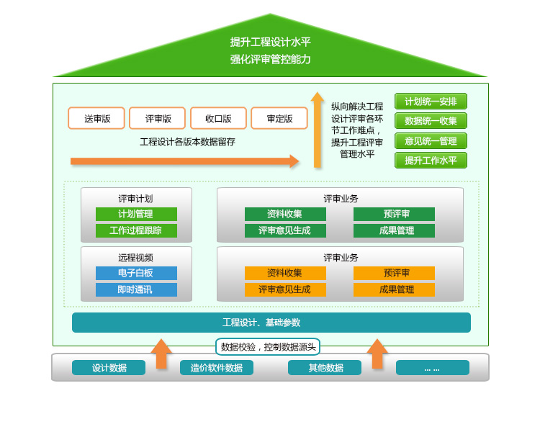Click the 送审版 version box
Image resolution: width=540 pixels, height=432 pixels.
click(x=96, y=118)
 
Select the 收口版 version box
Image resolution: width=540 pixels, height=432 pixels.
click(x=218, y=118)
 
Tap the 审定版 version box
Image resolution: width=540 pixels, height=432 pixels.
click(x=279, y=118)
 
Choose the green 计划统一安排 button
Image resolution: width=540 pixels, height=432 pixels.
click(x=431, y=102)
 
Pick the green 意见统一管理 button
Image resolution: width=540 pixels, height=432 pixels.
click(x=431, y=141)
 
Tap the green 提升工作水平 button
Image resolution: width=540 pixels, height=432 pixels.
click(x=431, y=161)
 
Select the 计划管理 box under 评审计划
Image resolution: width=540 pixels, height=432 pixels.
click(x=136, y=214)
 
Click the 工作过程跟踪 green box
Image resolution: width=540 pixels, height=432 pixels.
click(x=136, y=231)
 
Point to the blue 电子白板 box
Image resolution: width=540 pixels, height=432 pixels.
click(x=136, y=273)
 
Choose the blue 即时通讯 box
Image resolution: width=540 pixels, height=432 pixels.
click(x=136, y=289)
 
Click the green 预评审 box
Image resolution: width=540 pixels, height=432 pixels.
click(x=394, y=214)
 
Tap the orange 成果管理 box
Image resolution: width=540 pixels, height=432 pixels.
click(x=394, y=289)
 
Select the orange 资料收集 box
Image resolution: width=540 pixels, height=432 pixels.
click(x=285, y=273)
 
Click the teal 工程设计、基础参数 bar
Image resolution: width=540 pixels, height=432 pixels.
click(x=271, y=323)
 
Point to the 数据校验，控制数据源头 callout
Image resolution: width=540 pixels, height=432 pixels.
click(x=268, y=347)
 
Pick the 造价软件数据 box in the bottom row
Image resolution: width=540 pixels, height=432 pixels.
click(x=217, y=368)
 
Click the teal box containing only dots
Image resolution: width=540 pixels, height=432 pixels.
click(x=432, y=368)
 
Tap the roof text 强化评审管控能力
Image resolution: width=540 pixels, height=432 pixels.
click(x=271, y=59)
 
